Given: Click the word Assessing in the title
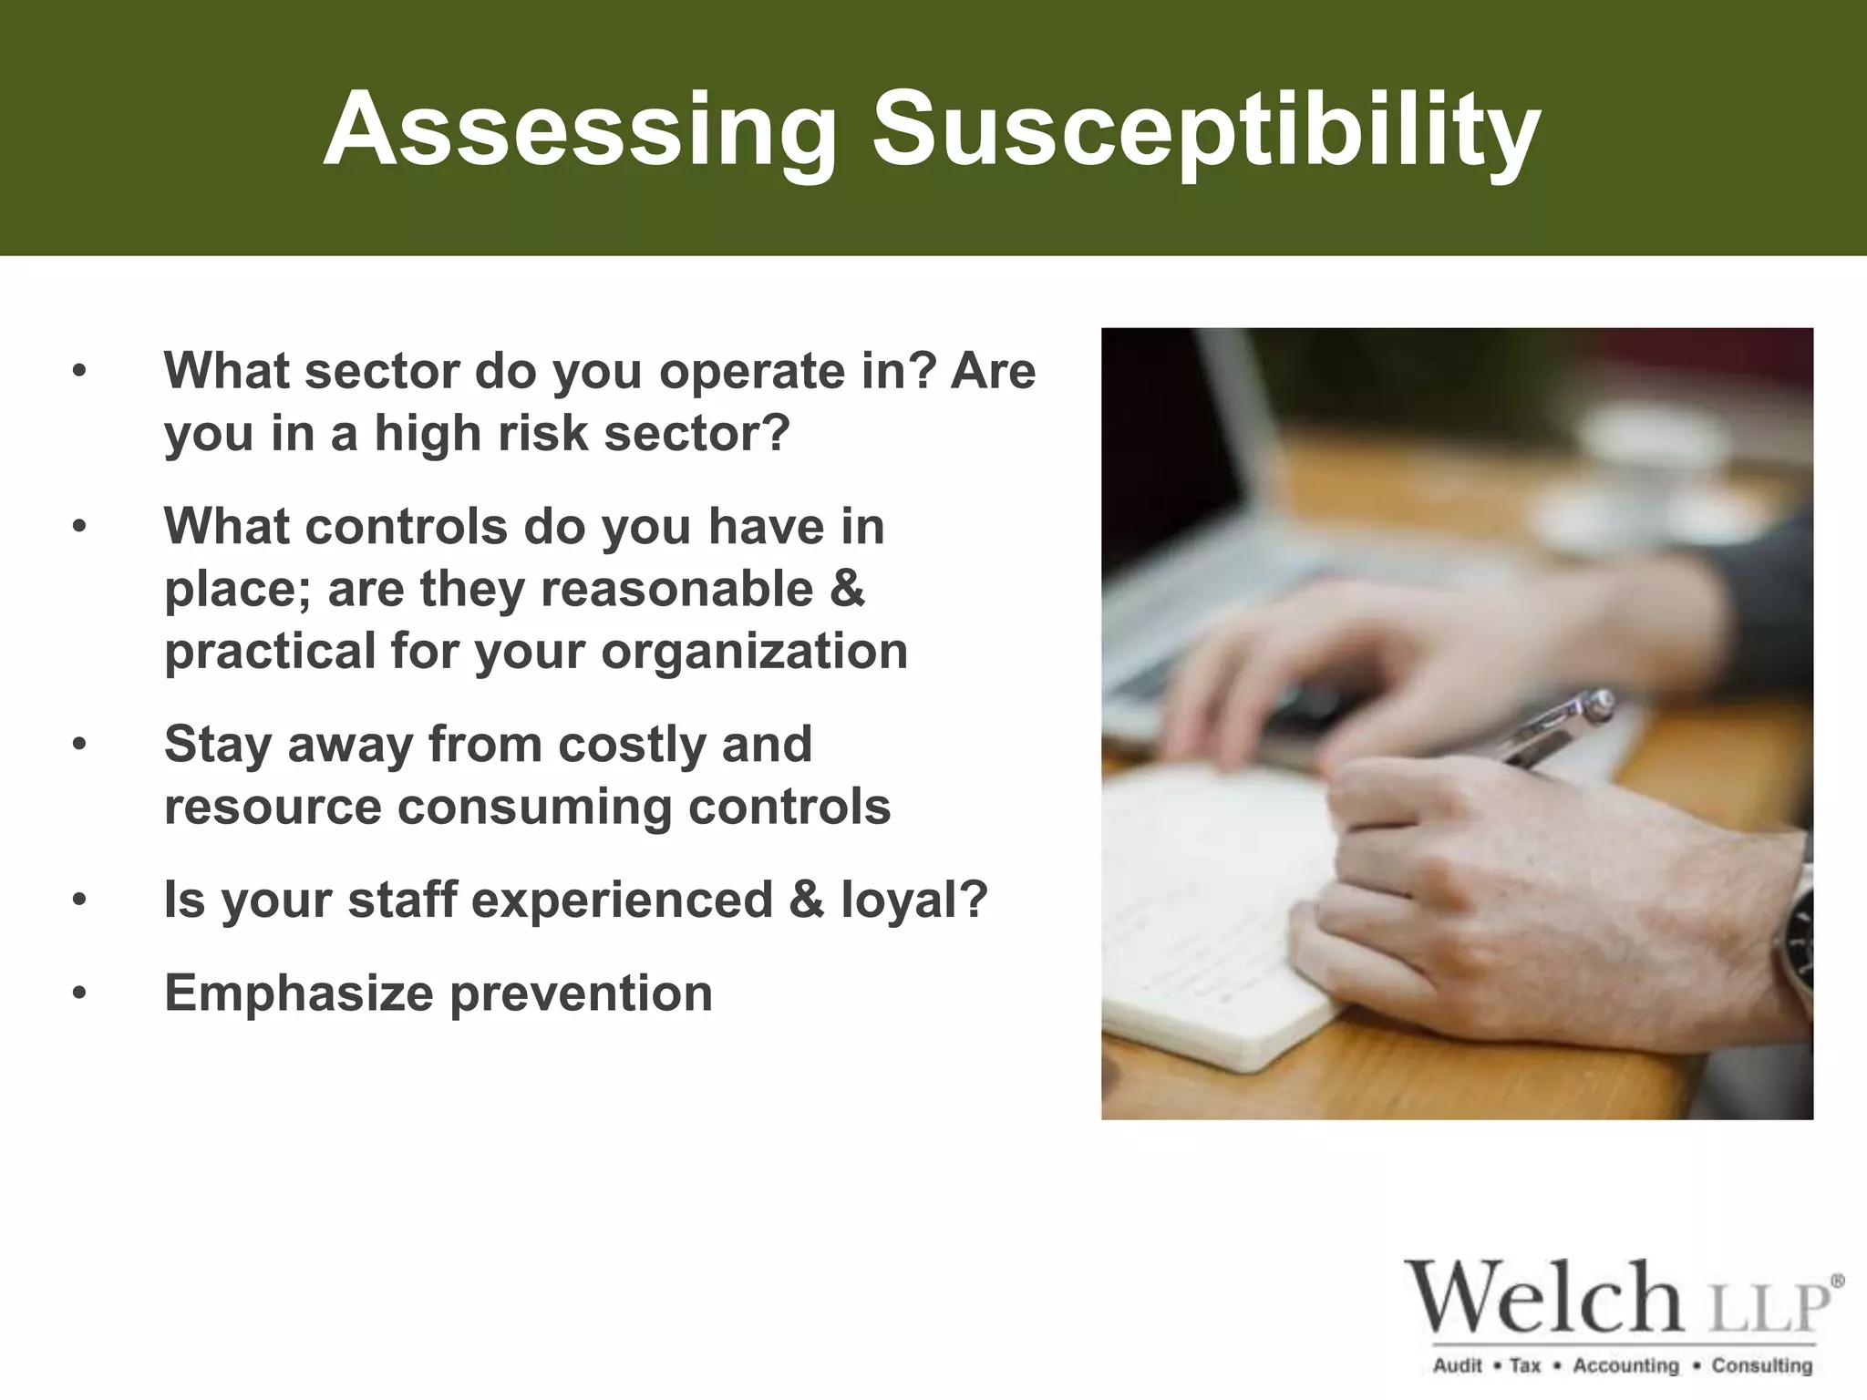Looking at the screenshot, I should [580, 130].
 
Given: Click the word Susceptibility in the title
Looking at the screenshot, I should [1206, 130].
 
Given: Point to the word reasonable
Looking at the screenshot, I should [677, 589].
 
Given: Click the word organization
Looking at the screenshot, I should [754, 651].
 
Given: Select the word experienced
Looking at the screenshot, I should [622, 900].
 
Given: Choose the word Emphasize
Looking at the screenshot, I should [298, 993].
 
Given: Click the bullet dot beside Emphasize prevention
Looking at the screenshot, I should [80, 993].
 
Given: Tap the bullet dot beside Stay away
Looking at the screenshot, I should [80, 745].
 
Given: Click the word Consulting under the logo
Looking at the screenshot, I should [1761, 1365].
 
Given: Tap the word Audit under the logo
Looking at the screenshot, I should [1458, 1365].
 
